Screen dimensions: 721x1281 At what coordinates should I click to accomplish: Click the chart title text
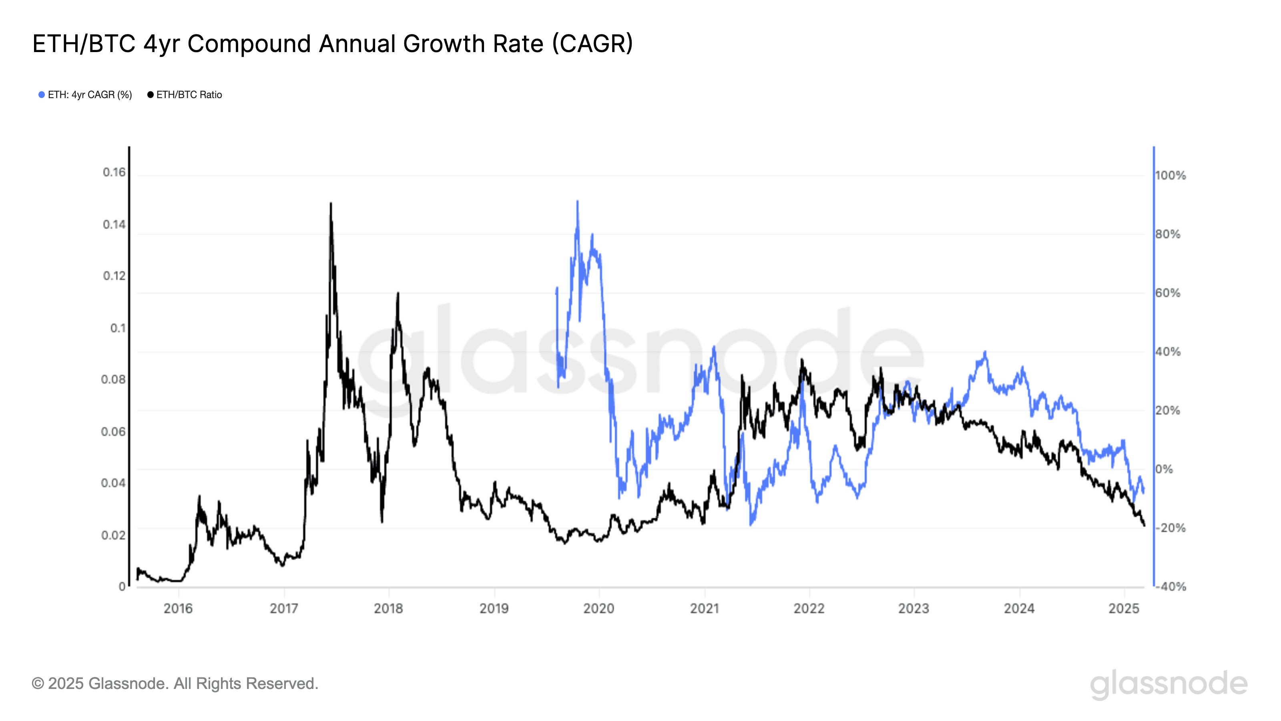[x=332, y=44]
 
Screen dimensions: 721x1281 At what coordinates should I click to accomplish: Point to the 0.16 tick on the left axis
[x=114, y=172]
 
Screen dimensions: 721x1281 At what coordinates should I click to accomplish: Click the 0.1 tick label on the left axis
[x=118, y=328]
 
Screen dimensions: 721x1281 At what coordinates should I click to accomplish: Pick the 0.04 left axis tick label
[x=113, y=483]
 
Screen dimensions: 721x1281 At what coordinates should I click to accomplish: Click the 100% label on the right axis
[x=1170, y=176]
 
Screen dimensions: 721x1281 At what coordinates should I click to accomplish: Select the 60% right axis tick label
[x=1168, y=293]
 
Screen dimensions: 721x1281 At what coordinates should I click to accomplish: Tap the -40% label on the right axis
[x=1170, y=587]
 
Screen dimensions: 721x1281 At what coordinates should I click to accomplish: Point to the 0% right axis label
[x=1164, y=469]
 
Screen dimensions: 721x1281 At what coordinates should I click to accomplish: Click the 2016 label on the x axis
[x=178, y=608]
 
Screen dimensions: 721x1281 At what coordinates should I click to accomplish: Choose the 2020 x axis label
[x=599, y=608]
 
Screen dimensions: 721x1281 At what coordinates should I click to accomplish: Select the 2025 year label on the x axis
[x=1124, y=608]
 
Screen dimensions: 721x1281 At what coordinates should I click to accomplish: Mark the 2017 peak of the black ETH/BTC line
[x=331, y=203]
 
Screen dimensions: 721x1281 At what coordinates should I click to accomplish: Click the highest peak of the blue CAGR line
[x=577, y=201]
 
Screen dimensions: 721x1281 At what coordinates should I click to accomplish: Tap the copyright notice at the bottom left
[x=175, y=684]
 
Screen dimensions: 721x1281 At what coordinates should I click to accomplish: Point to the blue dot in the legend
[x=42, y=95]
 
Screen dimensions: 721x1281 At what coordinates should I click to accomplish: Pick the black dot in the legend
[x=150, y=95]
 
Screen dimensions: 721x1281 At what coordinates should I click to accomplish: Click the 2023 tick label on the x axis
[x=914, y=608]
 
